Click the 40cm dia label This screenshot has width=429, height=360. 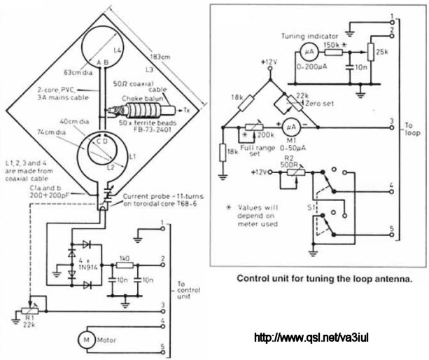pos(70,120)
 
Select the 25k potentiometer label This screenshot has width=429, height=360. pos(383,52)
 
